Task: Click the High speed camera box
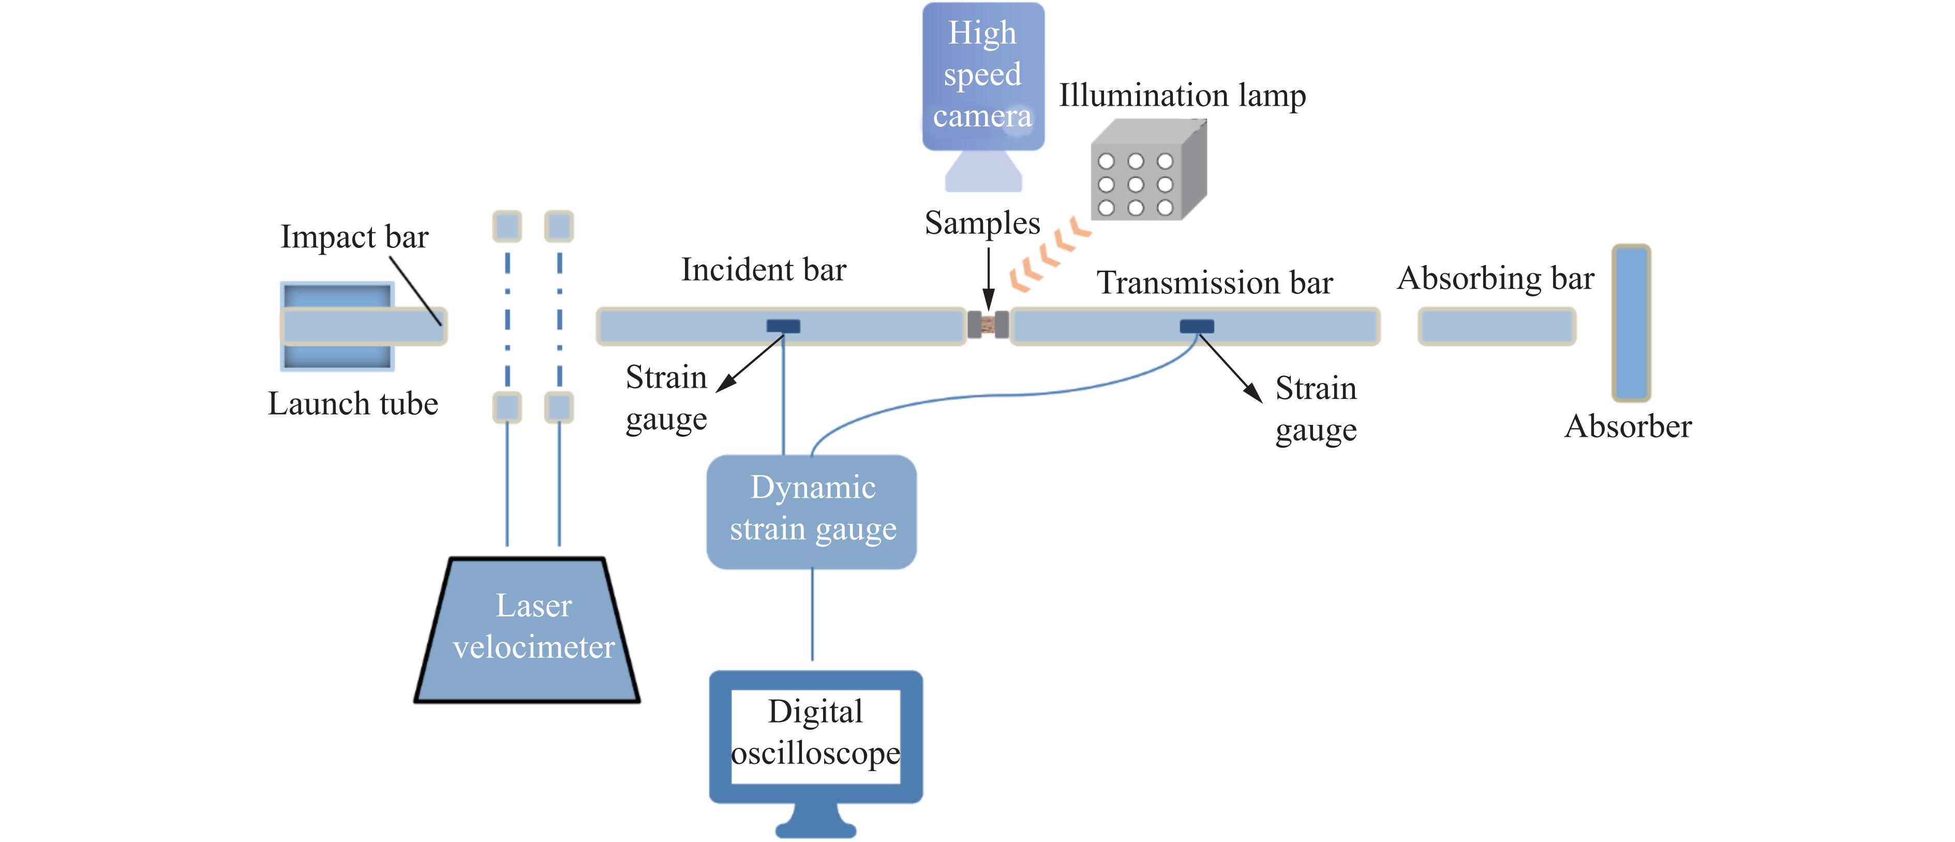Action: (x=983, y=76)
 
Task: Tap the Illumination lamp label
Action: (x=1182, y=96)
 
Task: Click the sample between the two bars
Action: (x=988, y=325)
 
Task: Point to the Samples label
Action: (x=982, y=223)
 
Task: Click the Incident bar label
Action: (x=764, y=270)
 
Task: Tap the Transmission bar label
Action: (x=1214, y=283)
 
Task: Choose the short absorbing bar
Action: (x=1497, y=327)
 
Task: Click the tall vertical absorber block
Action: (x=1631, y=323)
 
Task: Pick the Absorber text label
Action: (x=1628, y=427)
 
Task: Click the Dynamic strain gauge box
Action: (x=812, y=511)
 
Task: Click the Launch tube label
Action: (x=353, y=404)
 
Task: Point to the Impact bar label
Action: (x=354, y=237)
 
